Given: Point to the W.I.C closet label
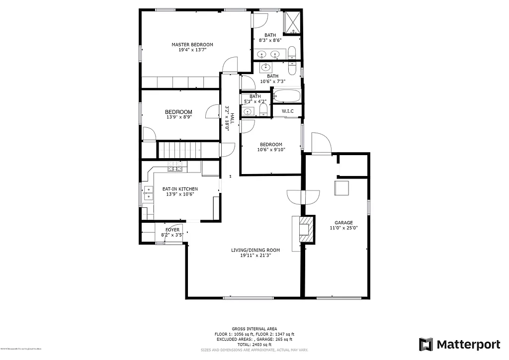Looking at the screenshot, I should [x=287, y=110].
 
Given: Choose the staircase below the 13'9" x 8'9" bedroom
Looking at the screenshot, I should [x=179, y=149].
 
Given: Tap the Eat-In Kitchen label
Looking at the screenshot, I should [x=180, y=189].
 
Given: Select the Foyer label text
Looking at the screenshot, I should [x=172, y=230].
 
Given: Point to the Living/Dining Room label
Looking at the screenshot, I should [x=255, y=250].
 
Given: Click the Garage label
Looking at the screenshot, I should [x=343, y=223].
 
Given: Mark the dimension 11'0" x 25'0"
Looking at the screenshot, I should [x=343, y=228].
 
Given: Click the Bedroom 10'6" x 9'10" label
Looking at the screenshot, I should [x=271, y=145].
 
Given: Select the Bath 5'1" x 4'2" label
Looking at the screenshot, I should [x=255, y=96].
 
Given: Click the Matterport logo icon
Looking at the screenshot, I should [x=425, y=344].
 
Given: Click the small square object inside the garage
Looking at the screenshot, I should [x=341, y=189].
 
